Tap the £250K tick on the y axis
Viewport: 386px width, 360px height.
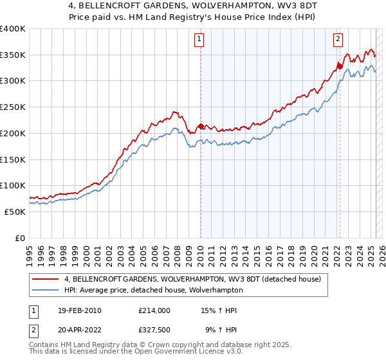coord(13,107)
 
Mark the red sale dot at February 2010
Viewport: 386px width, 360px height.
coord(201,126)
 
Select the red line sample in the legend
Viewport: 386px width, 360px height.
coord(46,278)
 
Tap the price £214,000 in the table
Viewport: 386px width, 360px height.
coord(154,310)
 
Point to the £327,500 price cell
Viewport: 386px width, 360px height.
coord(154,330)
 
